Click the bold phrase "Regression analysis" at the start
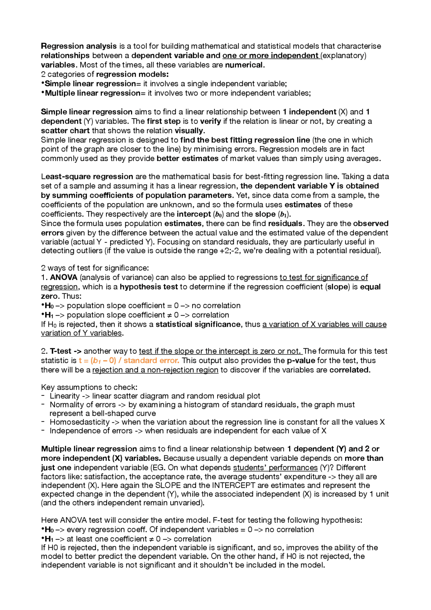78,46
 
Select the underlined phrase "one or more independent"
270,56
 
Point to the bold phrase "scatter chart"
65,131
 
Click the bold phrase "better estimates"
188,159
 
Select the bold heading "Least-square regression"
87,177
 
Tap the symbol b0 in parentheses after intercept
219,215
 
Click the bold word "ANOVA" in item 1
64,278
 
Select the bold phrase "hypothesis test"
148,287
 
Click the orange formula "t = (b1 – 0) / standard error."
129,361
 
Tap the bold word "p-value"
301,361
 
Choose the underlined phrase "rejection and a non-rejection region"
155,370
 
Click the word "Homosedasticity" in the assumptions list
79,422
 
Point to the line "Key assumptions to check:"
89,387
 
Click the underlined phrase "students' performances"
275,468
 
